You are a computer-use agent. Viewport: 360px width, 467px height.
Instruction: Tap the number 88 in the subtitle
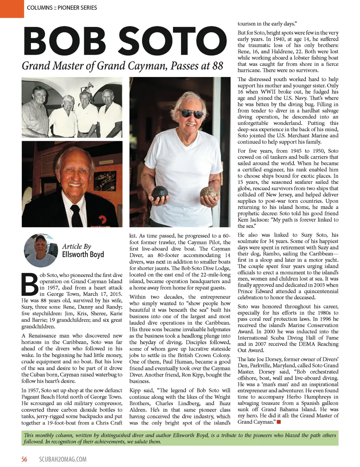pos(218,66)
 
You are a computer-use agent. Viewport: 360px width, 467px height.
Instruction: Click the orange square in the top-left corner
pos(12,8)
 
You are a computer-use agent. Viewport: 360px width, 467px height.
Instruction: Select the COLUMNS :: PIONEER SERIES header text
pos(62,7)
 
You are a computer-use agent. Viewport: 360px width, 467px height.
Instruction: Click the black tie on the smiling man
pos(76,214)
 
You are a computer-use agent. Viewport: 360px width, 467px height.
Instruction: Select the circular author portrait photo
pos(40,250)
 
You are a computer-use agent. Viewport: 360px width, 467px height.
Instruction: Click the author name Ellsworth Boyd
pos(83,254)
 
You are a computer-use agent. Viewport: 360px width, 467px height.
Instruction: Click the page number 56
pos(24,459)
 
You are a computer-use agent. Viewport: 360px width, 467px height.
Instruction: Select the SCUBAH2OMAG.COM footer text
pos(63,459)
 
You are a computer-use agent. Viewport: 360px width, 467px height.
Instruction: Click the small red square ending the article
pos(279,422)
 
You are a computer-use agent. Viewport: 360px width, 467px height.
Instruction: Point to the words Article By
pos(77,246)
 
